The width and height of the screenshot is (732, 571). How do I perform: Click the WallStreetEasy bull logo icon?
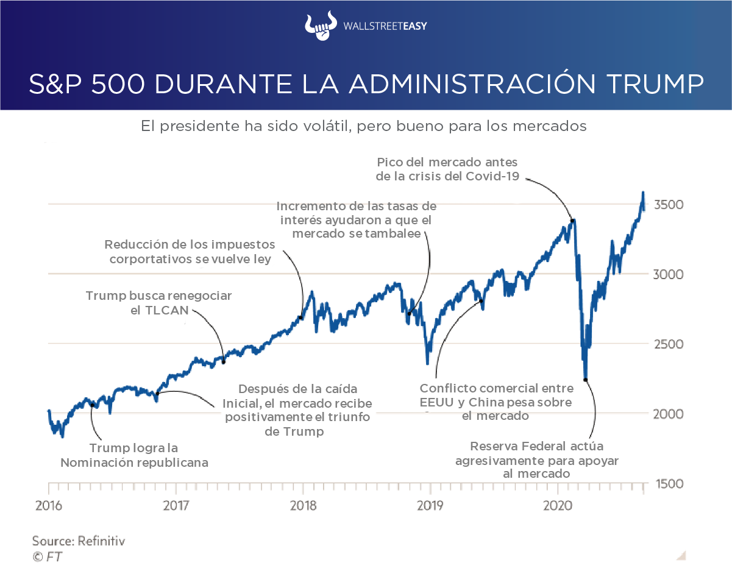[x=321, y=27]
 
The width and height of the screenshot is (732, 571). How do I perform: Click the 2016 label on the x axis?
[x=48, y=506]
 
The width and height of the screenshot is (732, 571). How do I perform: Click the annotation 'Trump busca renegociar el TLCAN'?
[x=158, y=303]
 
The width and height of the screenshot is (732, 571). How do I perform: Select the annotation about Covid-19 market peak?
[x=447, y=170]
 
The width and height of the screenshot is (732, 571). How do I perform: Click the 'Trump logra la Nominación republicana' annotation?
[x=134, y=455]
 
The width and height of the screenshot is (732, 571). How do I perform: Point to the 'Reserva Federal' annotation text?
[x=537, y=459]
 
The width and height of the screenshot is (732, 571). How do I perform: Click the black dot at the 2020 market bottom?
[x=585, y=380]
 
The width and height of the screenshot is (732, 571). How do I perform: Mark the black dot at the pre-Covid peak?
[x=572, y=220]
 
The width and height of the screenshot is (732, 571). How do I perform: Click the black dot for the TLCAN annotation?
[x=223, y=362]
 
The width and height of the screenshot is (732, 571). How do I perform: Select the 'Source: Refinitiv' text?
[x=79, y=541]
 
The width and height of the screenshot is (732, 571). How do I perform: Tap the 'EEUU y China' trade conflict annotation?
[x=496, y=402]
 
